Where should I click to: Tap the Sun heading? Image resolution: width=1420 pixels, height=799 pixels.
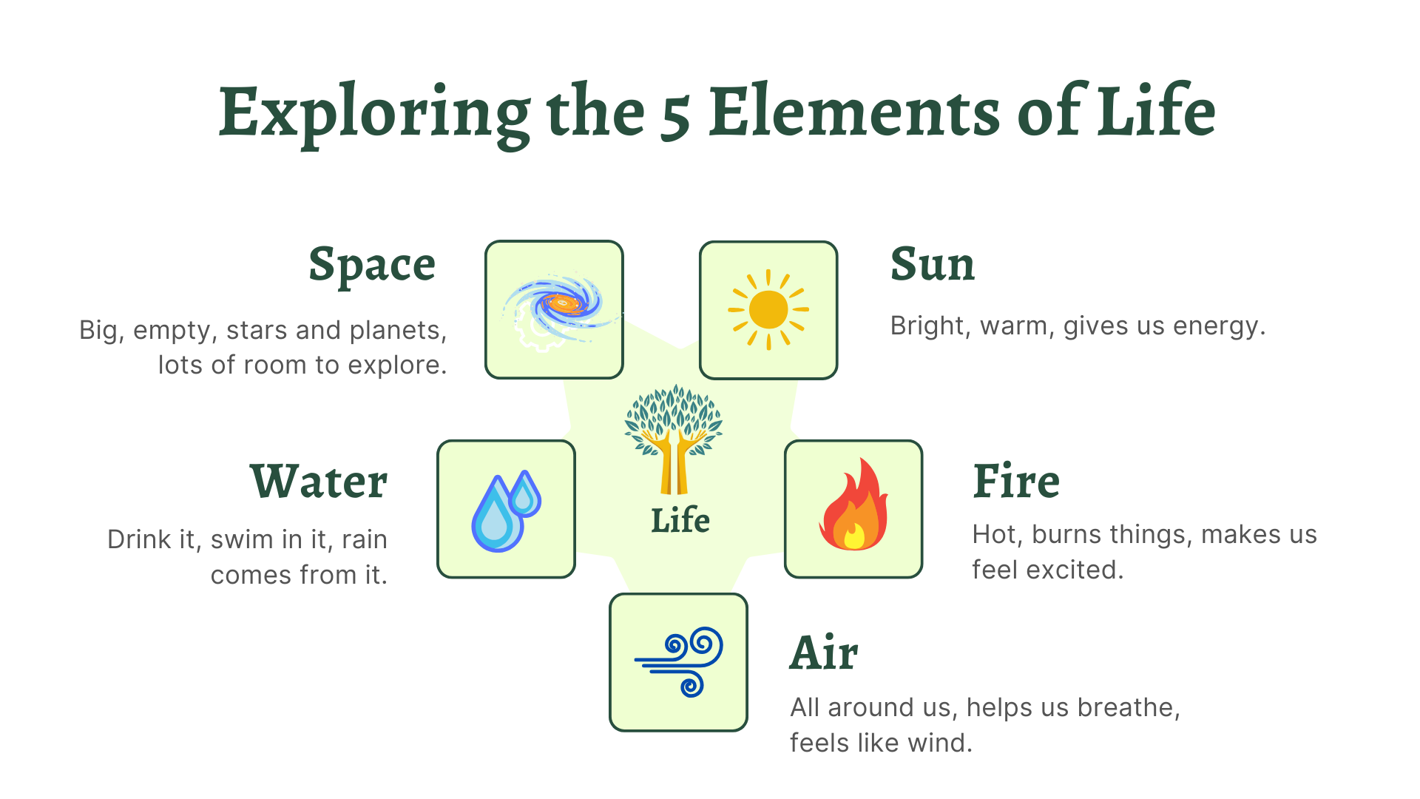933,264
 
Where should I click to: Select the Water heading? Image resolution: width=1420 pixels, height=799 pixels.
318,482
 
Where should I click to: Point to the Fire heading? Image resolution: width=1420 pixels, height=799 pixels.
1016,482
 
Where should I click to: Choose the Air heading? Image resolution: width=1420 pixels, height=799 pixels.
824,653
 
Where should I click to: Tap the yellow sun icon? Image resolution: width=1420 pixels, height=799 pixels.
768,309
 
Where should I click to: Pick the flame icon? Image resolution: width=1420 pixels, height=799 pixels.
853,506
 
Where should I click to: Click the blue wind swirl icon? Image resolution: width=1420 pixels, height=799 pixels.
679,662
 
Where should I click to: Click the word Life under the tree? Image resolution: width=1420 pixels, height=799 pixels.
680,521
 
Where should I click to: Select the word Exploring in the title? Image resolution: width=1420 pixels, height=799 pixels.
374,113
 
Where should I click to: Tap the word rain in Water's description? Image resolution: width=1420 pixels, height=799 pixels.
365,540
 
